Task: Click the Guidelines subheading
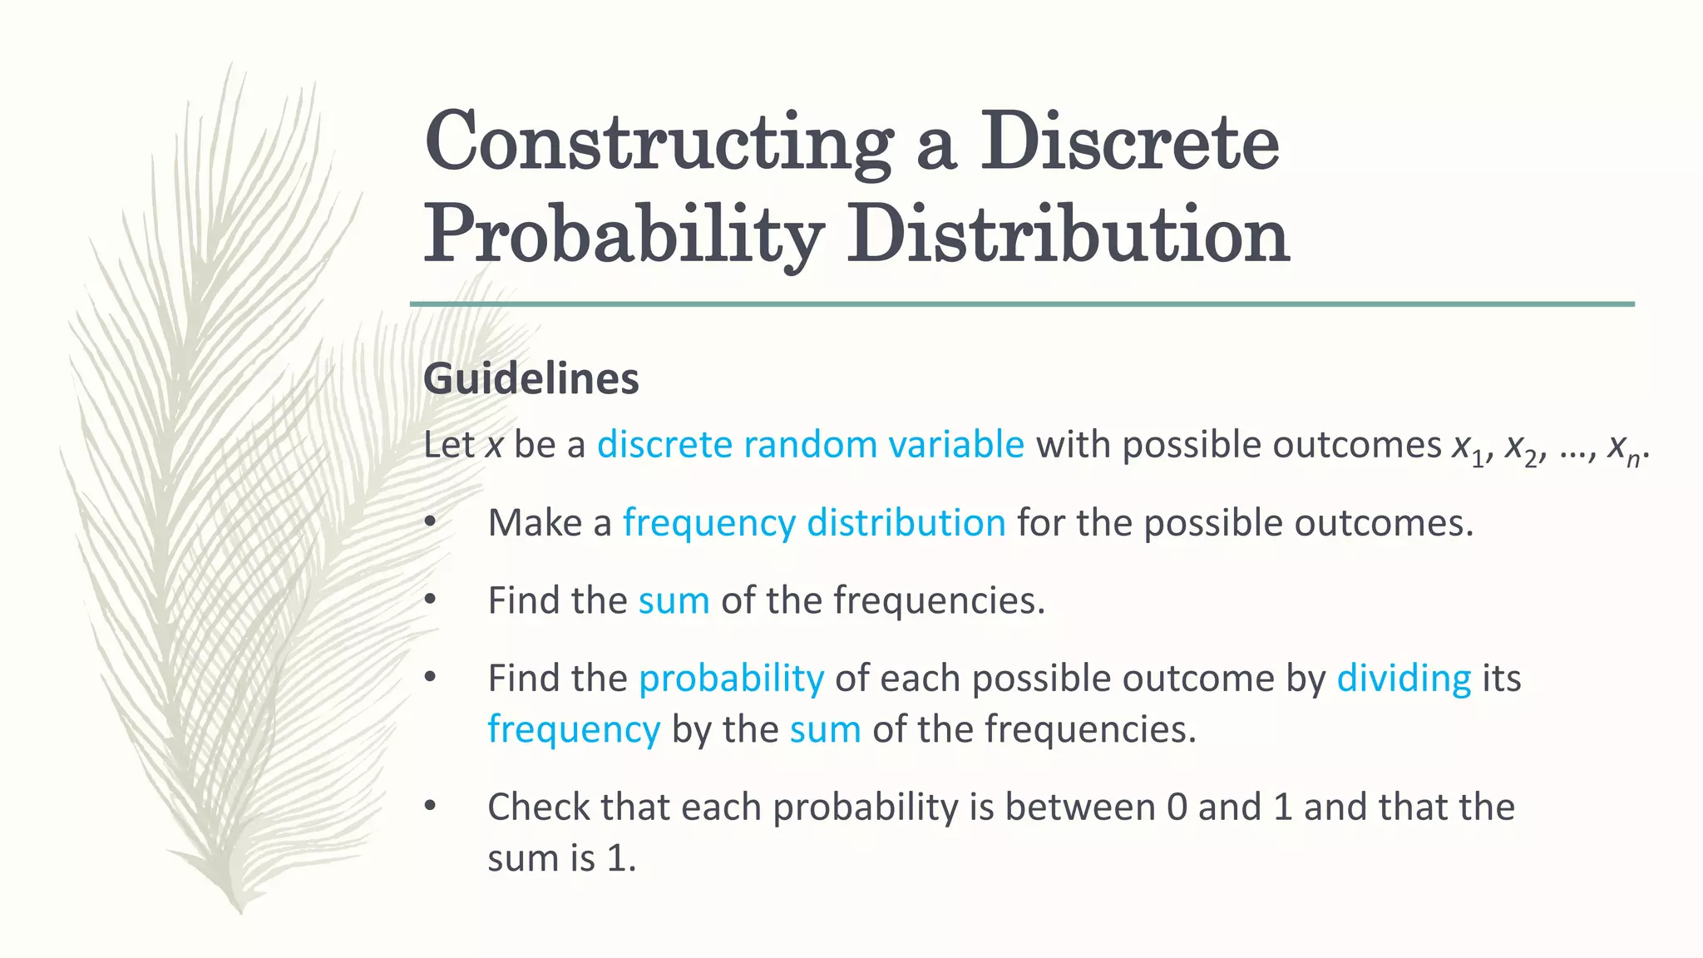pyautogui.click(x=531, y=379)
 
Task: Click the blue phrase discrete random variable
pyautogui.click(x=810, y=444)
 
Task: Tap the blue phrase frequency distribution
pyautogui.click(x=814, y=523)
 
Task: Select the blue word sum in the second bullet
pyautogui.click(x=674, y=600)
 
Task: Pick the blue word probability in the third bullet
pyautogui.click(x=731, y=679)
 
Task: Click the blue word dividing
pyautogui.click(x=1404, y=679)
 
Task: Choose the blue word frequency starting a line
pyautogui.click(x=574, y=729)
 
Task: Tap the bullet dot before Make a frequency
pyautogui.click(x=430, y=522)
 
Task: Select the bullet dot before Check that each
pyautogui.click(x=430, y=806)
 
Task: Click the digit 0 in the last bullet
pyautogui.click(x=1177, y=807)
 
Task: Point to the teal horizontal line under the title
pyautogui.click(x=1022, y=304)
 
